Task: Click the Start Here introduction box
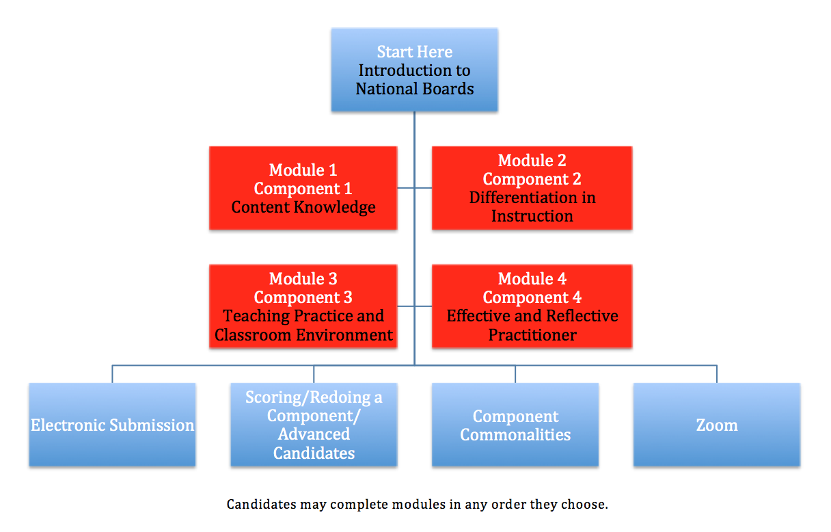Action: [x=414, y=70]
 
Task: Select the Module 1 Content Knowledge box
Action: [x=303, y=188]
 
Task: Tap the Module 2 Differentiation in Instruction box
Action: [x=532, y=188]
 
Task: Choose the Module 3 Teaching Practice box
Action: [x=303, y=306]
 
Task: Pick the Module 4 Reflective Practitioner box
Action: [x=532, y=306]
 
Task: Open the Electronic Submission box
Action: [x=112, y=425]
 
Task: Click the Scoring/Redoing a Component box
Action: [x=314, y=425]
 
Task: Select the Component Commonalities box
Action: [x=515, y=425]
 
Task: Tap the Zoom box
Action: [x=717, y=425]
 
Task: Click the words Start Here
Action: [x=415, y=51]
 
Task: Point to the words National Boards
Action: [x=415, y=89]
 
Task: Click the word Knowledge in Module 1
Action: [x=335, y=207]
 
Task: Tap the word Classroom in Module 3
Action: [x=253, y=335]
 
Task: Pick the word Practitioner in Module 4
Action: [x=532, y=335]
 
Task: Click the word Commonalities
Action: [x=515, y=435]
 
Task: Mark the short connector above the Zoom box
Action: [x=717, y=374]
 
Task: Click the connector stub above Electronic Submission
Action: [x=112, y=374]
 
